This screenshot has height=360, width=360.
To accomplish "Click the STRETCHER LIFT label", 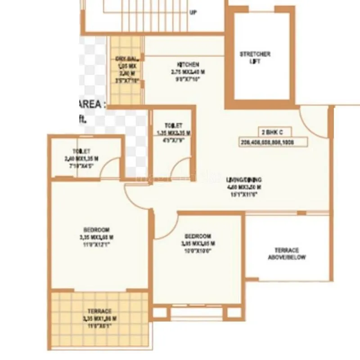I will point(255,58).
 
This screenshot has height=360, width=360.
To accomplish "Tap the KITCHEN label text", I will point(188,65).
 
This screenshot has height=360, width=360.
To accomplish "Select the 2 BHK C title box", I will point(274,132).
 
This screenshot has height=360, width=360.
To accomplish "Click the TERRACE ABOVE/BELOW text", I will point(287,254).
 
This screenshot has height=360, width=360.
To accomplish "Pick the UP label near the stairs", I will point(193,13).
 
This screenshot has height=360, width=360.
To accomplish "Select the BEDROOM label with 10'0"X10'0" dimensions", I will point(198,237).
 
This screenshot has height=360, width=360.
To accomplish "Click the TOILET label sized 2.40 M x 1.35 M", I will point(81,151).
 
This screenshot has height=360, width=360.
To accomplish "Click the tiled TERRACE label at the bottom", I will point(99,311).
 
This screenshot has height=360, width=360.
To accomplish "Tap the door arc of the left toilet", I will point(111,168).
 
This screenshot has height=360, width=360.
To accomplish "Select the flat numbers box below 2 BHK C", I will point(274,142).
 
